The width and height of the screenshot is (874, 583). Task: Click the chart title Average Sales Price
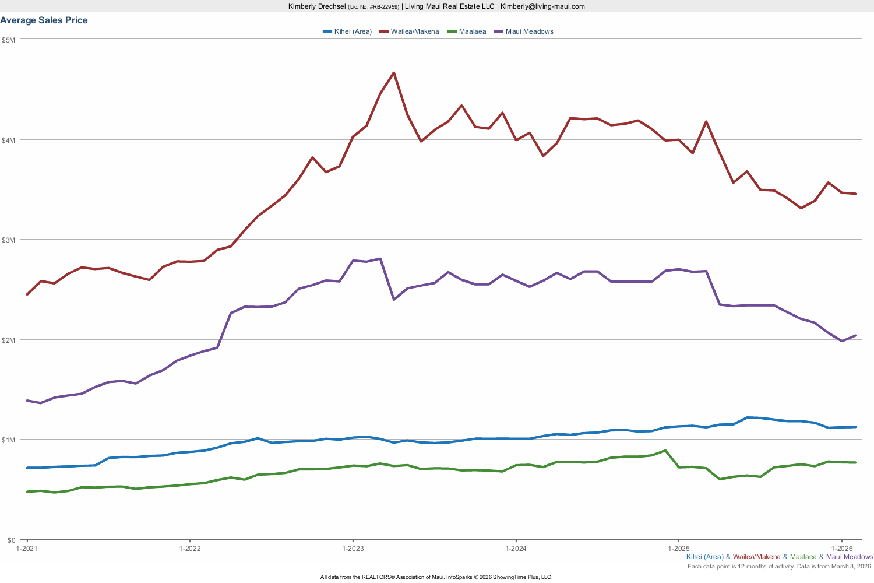[x=44, y=20]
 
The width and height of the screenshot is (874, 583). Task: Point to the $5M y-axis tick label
[x=9, y=40]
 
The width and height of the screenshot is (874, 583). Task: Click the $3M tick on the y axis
[x=9, y=240]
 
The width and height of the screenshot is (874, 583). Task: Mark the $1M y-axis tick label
[x=9, y=440]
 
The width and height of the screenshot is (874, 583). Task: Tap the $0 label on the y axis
[x=12, y=540]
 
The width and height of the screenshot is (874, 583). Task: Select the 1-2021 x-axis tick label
[x=27, y=549]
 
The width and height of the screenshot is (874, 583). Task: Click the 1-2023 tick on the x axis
[x=353, y=549]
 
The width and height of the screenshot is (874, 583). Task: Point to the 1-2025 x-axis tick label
[x=678, y=549]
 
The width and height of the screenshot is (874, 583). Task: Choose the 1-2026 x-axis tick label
[x=841, y=549]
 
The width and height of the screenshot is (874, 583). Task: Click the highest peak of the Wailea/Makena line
[x=394, y=73]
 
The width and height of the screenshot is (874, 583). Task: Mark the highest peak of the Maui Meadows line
[x=380, y=258]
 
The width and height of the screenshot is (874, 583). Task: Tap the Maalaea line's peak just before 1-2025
[x=665, y=451]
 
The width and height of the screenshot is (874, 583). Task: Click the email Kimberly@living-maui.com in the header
[x=542, y=6]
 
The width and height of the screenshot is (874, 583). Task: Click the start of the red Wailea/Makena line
[x=27, y=294]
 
